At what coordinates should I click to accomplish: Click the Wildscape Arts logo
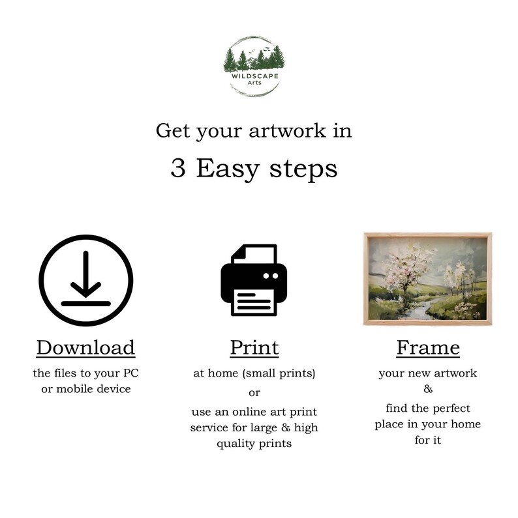point(253,66)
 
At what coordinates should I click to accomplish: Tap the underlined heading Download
point(85,347)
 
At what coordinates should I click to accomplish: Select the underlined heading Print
point(254,347)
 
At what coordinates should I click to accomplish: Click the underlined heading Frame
point(428,347)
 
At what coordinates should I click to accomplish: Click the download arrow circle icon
point(85,280)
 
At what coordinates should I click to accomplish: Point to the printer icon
point(254,280)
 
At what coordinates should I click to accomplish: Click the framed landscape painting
point(428,278)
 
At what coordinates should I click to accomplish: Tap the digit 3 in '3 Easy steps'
point(177,169)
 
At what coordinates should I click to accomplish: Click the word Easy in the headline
point(224,169)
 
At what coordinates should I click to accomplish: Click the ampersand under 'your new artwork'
point(428,390)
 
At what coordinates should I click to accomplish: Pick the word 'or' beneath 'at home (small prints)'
point(254,393)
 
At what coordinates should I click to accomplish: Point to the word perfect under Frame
point(447,409)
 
